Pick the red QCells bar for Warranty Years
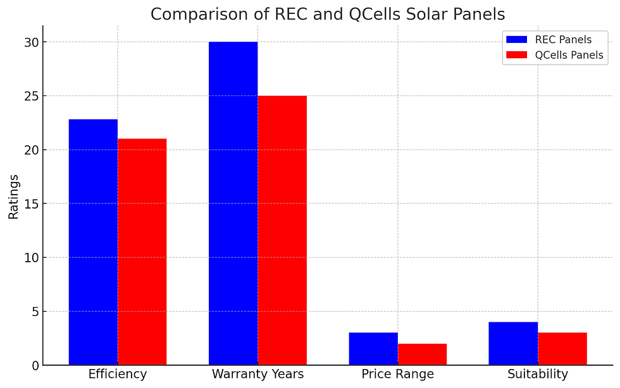[282, 230]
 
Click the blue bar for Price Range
[373, 349]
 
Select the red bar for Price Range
[422, 355]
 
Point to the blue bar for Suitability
[513, 344]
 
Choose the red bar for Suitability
[562, 349]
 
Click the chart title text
[328, 14]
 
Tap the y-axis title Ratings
[13, 197]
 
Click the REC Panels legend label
[563, 40]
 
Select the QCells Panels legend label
[569, 55]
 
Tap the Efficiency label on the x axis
[118, 374]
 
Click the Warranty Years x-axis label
[257, 374]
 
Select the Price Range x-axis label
[398, 374]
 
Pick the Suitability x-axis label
[538, 374]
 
